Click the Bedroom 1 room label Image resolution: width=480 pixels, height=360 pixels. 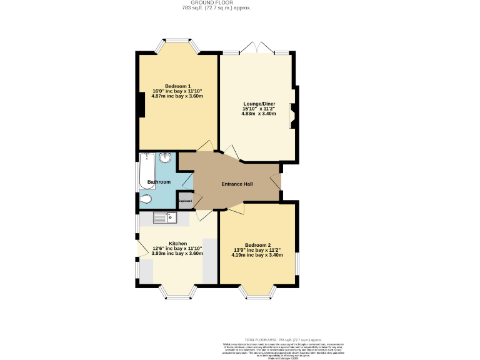177,86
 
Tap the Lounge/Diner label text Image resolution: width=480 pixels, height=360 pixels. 259,103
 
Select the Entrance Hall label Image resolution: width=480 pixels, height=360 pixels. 237,184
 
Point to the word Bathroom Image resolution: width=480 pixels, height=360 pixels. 159,182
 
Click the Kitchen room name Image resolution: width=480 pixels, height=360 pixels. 177,243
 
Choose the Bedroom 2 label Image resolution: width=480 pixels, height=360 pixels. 257,244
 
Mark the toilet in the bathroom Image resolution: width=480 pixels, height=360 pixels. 146,200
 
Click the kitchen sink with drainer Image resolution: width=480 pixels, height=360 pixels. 166,217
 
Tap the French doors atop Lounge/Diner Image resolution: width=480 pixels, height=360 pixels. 257,49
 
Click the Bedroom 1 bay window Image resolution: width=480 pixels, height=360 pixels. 177,46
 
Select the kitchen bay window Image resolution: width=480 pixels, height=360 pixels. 177,291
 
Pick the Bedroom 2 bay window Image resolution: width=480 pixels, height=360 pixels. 257,291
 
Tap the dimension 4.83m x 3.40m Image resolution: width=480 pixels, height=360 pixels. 259,113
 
